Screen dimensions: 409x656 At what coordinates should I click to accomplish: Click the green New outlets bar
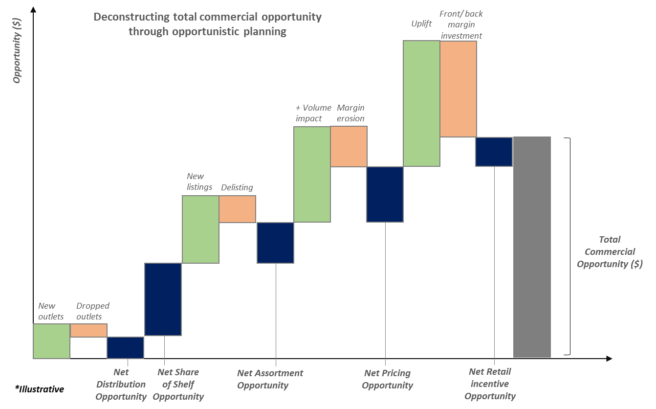pos(52,341)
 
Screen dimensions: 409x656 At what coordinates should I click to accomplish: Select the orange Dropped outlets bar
pos(89,330)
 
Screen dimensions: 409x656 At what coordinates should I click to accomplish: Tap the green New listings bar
pos(200,229)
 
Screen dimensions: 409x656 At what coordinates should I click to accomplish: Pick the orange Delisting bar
pos(237,209)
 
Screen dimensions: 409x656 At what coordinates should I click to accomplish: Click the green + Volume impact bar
pos(312,174)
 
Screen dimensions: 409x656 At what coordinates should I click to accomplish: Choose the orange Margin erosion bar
pos(349,146)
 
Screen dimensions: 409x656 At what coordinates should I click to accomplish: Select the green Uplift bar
pos(421,103)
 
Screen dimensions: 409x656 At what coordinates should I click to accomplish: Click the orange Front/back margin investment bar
pos(458,89)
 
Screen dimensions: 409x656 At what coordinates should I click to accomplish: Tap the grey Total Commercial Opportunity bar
pos(532,247)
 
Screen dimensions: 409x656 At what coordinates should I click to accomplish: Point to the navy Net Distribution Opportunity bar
pos(126,347)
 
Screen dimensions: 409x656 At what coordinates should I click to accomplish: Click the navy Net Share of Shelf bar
pos(163,299)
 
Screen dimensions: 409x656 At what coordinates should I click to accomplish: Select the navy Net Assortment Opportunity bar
pos(276,243)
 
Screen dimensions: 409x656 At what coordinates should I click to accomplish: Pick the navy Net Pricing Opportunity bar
pos(385,194)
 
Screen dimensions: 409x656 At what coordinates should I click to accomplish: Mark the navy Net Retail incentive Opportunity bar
pos(494,152)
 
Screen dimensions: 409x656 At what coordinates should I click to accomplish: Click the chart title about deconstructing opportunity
pos(207,24)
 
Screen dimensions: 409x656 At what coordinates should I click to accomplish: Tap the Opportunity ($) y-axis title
pos(17,49)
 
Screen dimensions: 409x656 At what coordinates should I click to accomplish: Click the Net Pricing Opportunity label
pos(388,379)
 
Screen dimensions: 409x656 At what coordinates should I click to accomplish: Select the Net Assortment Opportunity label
pos(270,379)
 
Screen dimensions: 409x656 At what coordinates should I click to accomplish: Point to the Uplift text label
pos(421,23)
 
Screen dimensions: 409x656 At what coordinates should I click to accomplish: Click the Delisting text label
pos(237,187)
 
